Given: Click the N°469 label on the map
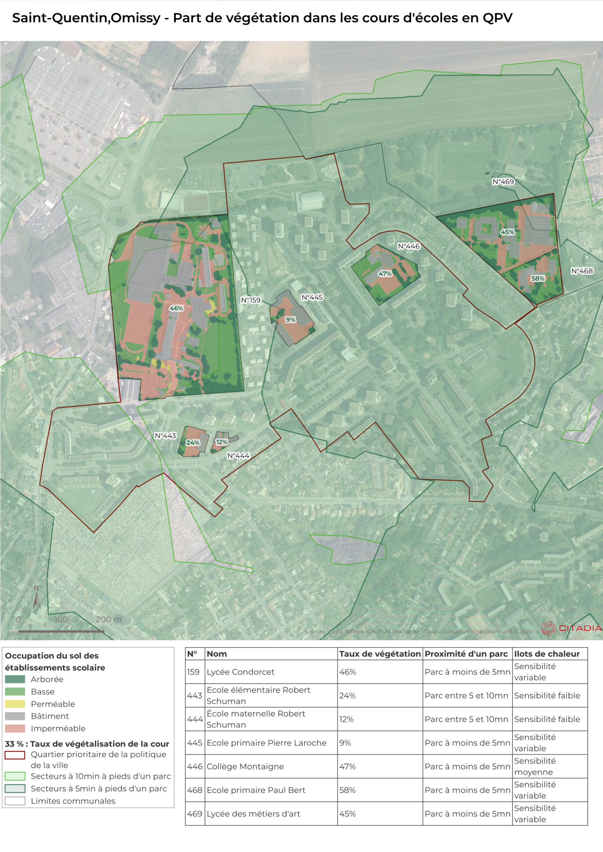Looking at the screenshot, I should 503,181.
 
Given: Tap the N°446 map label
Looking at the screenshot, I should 409,246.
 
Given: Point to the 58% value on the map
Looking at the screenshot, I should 538,278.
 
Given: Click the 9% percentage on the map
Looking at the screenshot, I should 291,319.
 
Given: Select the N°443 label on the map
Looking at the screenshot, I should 165,436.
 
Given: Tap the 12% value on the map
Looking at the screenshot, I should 221,442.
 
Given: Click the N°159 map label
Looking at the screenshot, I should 251,300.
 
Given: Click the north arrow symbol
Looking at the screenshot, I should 36,597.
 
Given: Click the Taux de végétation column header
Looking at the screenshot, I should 380,654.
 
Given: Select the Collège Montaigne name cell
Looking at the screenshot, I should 245,766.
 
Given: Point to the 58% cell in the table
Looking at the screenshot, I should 347,790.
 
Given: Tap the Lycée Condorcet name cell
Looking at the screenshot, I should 240,672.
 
